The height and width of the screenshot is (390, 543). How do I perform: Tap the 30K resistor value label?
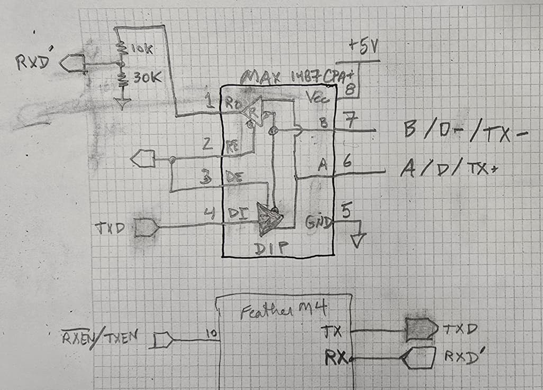pos(143,78)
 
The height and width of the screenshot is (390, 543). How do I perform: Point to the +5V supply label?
pos(364,49)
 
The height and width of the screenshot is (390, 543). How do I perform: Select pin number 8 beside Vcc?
pos(349,90)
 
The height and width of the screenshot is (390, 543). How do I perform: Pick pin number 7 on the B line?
pos(349,119)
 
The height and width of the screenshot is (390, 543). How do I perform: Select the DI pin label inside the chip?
pos(236,213)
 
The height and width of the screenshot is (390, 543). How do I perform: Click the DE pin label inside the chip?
pos(234,180)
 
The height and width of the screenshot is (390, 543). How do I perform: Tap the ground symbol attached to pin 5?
pos(358,239)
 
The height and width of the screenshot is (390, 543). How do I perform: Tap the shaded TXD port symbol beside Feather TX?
pos(421,330)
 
